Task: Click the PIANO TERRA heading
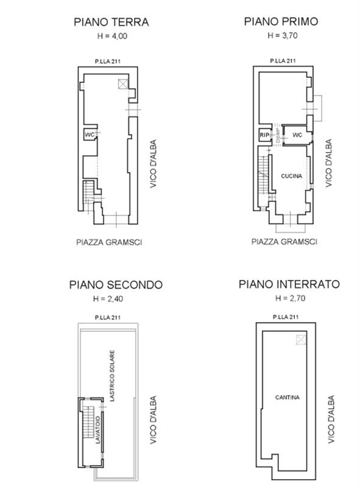(x=111, y=23)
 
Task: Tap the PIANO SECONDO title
(x=115, y=284)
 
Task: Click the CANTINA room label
(x=286, y=398)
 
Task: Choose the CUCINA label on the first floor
(x=292, y=176)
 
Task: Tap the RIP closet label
(x=264, y=135)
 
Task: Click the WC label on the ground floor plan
(x=89, y=135)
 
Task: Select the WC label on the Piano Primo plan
(x=297, y=135)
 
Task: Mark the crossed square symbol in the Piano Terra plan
(x=124, y=83)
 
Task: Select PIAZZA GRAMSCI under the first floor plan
(x=285, y=242)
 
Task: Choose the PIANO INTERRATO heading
(x=289, y=284)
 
